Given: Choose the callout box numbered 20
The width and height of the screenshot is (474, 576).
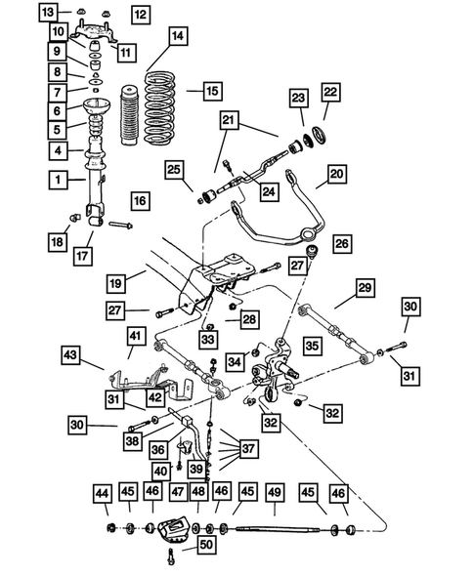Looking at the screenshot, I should tap(335, 175).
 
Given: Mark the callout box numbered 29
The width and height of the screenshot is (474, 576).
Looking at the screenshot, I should tap(364, 288).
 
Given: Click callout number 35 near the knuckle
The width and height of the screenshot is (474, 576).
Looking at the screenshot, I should tap(313, 345).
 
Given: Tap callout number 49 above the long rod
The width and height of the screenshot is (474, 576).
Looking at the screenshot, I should tap(275, 490).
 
